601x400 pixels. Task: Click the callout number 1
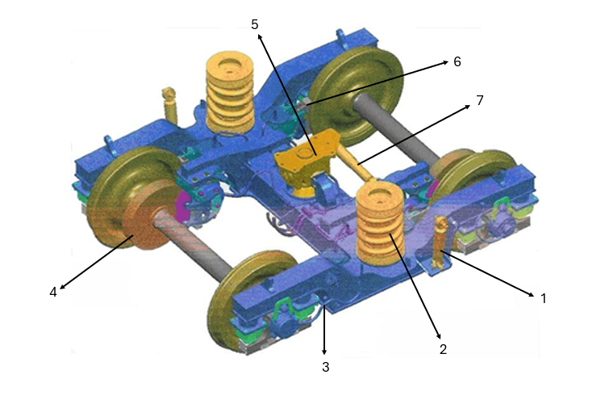click(x=543, y=298)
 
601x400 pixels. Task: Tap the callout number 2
click(x=443, y=349)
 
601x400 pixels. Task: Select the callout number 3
click(x=325, y=367)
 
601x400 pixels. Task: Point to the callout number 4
click(x=53, y=293)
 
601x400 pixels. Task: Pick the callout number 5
click(x=254, y=24)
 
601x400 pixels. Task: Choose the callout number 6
click(x=457, y=61)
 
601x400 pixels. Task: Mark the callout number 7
click(x=479, y=100)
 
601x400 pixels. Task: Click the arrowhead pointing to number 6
click(x=445, y=61)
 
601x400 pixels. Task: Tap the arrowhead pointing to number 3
click(x=324, y=352)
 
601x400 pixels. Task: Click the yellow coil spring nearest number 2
click(x=379, y=225)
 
